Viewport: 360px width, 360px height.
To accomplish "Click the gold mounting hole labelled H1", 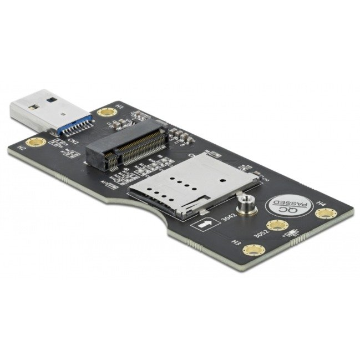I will coord(104,113).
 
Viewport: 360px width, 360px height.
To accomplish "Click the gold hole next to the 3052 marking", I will coord(275,225).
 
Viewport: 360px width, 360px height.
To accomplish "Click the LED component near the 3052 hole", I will coord(292,234).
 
